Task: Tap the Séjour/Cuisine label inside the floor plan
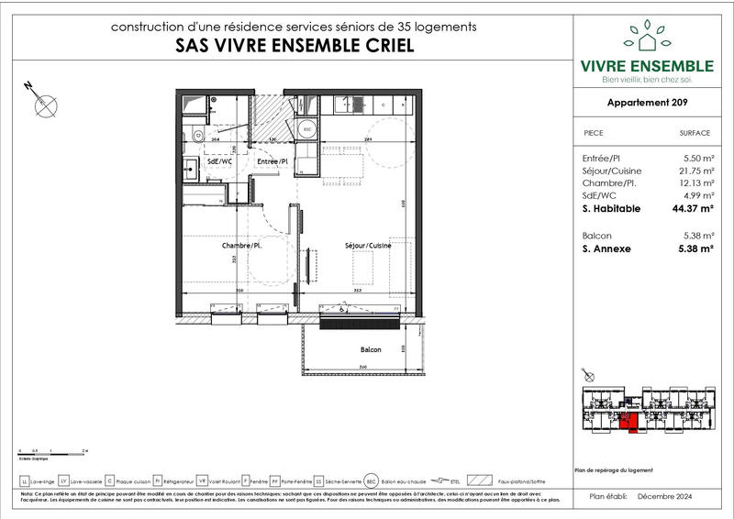(368, 246)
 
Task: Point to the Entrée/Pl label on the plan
(272, 160)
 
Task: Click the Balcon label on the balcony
(371, 350)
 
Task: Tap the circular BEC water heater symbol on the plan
(308, 130)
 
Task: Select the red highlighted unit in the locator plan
(628, 420)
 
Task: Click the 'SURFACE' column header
(695, 132)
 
